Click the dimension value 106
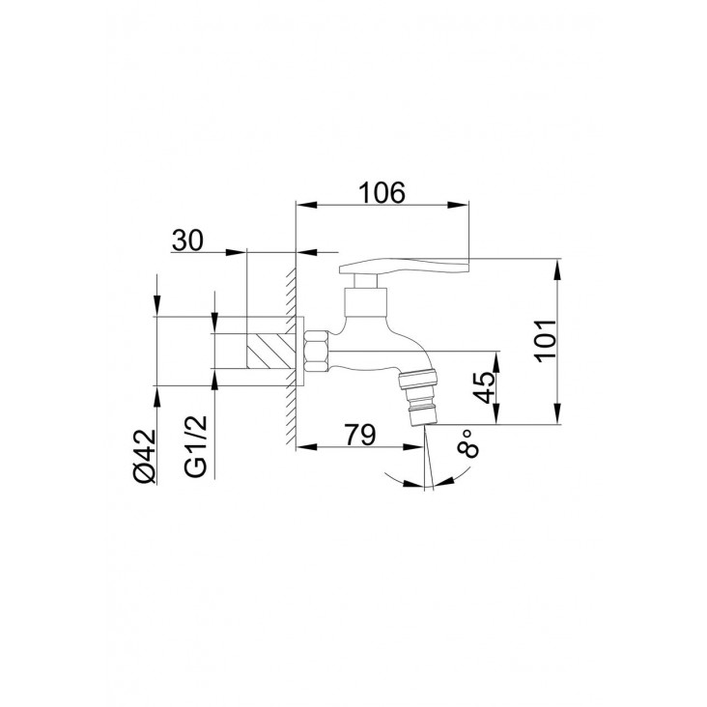pyautogui.click(x=382, y=192)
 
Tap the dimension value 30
pyautogui.click(x=187, y=240)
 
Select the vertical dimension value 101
pyautogui.click(x=545, y=340)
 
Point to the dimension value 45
pyautogui.click(x=485, y=387)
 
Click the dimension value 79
pyautogui.click(x=359, y=435)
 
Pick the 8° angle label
pyautogui.click(x=467, y=443)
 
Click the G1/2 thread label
pyautogui.click(x=196, y=446)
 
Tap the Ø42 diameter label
pyautogui.click(x=145, y=456)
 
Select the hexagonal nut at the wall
pyautogui.click(x=317, y=352)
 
